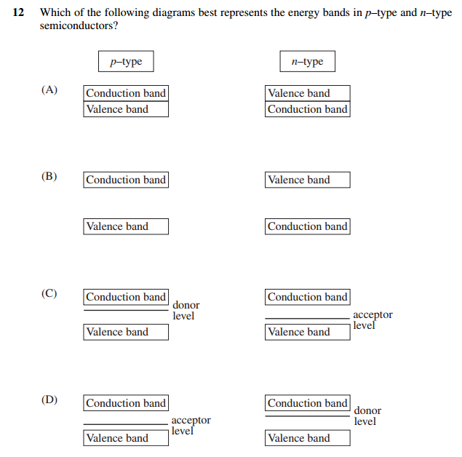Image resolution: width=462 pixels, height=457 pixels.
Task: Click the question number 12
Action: pyautogui.click(x=20, y=13)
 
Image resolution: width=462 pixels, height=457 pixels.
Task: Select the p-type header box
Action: pyautogui.click(x=126, y=62)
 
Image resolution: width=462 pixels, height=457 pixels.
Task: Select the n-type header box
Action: pyautogui.click(x=307, y=62)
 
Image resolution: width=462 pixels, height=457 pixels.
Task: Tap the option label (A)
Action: pyautogui.click(x=49, y=90)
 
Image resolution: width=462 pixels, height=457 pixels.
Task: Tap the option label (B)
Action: pyautogui.click(x=49, y=177)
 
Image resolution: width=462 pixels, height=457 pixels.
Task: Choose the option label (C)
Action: pyautogui.click(x=49, y=294)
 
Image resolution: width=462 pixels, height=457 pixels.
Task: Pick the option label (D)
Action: pyautogui.click(x=49, y=400)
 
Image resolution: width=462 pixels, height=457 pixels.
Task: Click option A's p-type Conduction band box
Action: pyautogui.click(x=126, y=93)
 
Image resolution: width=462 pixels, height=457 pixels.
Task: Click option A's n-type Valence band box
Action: pyautogui.click(x=308, y=93)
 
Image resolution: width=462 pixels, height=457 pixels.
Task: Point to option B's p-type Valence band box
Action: pyautogui.click(x=126, y=226)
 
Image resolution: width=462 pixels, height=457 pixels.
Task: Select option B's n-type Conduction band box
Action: pyautogui.click(x=308, y=226)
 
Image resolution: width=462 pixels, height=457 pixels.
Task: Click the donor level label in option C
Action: pyautogui.click(x=186, y=311)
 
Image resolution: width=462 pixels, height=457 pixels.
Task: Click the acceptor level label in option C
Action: pyautogui.click(x=372, y=320)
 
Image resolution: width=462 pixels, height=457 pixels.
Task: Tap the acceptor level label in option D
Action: pyautogui.click(x=191, y=426)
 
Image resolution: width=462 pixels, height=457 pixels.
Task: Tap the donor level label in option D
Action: pyautogui.click(x=367, y=416)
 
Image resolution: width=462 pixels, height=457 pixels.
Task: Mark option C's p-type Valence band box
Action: pyautogui.click(x=126, y=332)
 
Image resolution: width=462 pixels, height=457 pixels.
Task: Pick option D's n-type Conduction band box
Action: pyautogui.click(x=308, y=403)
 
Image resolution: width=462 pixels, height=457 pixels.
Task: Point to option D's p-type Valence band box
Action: pyautogui.click(x=126, y=438)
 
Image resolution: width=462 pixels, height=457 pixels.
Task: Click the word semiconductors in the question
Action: pyautogui.click(x=78, y=25)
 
